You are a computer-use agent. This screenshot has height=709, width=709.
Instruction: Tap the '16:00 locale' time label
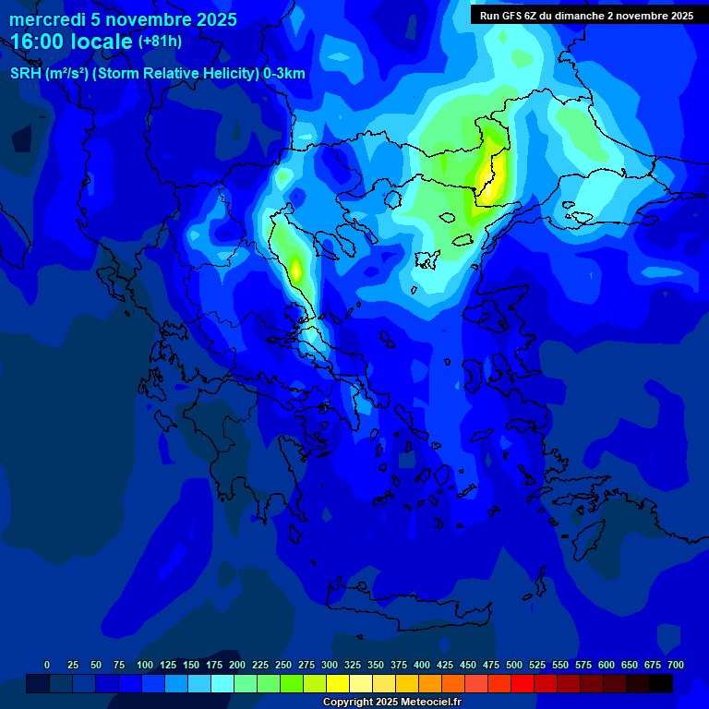point(72,42)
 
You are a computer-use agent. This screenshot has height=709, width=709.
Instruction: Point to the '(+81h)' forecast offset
point(160,42)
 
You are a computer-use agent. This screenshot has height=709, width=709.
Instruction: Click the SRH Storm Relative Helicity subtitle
point(157,74)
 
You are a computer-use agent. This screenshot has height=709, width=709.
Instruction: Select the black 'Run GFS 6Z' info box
point(588,15)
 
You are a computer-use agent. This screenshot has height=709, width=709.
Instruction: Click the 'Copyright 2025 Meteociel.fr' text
point(391,703)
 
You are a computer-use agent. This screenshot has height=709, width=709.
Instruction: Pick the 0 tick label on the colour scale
point(47,665)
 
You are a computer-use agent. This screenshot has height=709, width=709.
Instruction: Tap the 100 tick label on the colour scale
point(145,665)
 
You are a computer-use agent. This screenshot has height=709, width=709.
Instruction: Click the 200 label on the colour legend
point(237,665)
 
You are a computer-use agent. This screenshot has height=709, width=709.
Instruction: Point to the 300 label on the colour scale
point(330,665)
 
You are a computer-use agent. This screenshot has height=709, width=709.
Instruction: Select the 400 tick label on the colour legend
point(422,665)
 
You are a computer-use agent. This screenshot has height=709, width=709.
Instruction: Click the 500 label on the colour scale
point(514,665)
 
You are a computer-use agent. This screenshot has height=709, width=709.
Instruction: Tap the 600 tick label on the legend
point(607,665)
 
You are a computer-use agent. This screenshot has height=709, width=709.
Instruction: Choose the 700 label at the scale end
point(676,665)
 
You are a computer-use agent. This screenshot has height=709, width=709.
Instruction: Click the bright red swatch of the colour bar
point(523,683)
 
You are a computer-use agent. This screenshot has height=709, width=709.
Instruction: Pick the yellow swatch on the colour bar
point(338,683)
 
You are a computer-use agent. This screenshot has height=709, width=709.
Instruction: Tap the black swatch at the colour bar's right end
point(661,683)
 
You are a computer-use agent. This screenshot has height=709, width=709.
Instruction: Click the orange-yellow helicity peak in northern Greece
point(296,269)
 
